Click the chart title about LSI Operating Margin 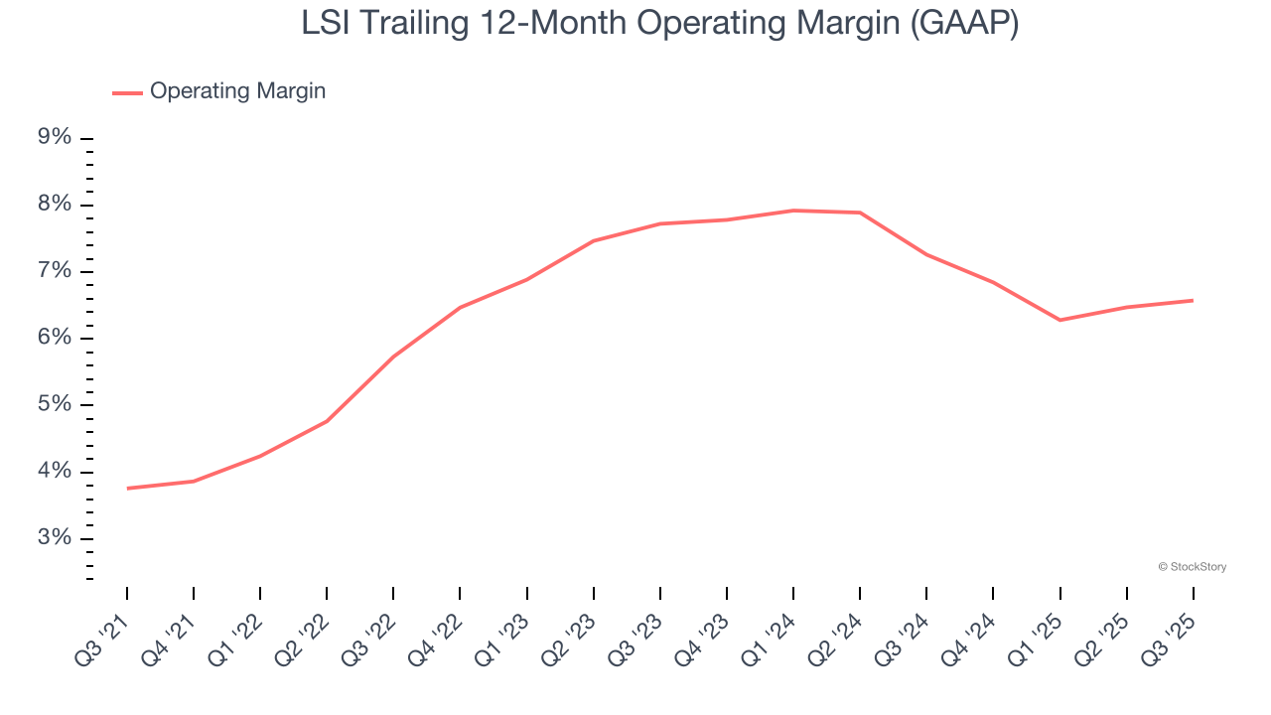coord(660,24)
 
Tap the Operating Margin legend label coord(237,91)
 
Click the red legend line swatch coord(127,92)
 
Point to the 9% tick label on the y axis coord(55,137)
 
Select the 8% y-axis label coord(55,205)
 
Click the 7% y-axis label coord(55,271)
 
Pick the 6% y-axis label coord(55,338)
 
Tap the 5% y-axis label coord(55,404)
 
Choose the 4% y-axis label coord(55,471)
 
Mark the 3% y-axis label coord(55,538)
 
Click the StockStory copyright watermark coord(1192,567)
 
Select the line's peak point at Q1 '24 coord(793,211)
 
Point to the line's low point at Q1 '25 coord(1059,320)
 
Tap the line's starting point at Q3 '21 coord(127,489)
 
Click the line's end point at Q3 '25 coord(1193,300)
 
